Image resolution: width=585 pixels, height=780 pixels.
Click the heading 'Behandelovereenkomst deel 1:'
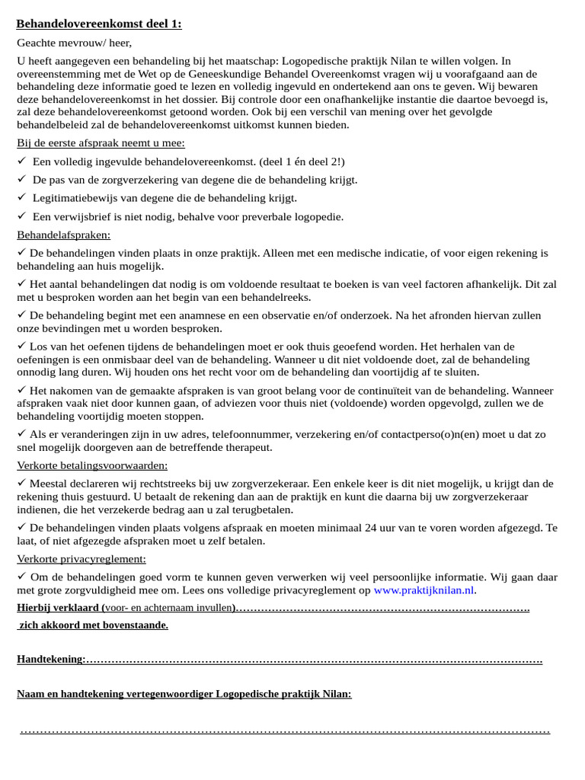pyautogui.click(x=99, y=24)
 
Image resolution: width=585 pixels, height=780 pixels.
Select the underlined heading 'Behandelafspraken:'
pyautogui.click(x=63, y=235)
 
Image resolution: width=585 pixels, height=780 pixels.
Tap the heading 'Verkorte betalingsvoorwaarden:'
pyautogui.click(x=92, y=465)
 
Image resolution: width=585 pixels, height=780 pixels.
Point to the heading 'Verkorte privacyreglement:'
pyautogui.click(x=82, y=558)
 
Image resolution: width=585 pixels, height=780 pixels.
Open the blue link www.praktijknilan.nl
pyautogui.click(x=424, y=590)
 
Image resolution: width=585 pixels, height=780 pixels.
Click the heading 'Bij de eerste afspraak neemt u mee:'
pyautogui.click(x=101, y=142)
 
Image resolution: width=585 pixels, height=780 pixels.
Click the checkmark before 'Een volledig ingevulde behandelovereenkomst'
pyautogui.click(x=22, y=161)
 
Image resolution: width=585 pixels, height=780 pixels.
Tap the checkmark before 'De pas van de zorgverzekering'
pyautogui.click(x=22, y=179)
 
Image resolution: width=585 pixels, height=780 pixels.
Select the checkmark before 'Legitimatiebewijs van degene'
pyautogui.click(x=22, y=197)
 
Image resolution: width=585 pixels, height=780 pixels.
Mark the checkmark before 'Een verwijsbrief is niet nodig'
pyautogui.click(x=22, y=216)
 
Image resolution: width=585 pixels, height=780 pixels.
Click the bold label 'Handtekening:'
pyautogui.click(x=51, y=659)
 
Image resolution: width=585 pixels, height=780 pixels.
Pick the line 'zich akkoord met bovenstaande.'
pyautogui.click(x=94, y=625)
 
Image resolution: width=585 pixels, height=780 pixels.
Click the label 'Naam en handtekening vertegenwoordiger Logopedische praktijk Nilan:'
pyautogui.click(x=184, y=694)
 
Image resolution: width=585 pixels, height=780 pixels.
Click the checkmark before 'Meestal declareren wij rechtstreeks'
pyautogui.click(x=21, y=483)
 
